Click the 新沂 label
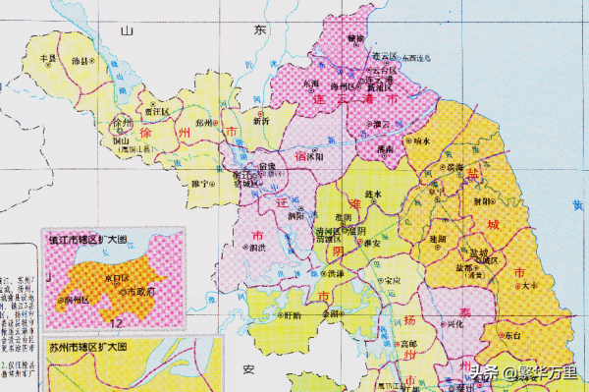click(261, 122)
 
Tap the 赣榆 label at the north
click(354, 37)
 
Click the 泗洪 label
click(260, 248)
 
